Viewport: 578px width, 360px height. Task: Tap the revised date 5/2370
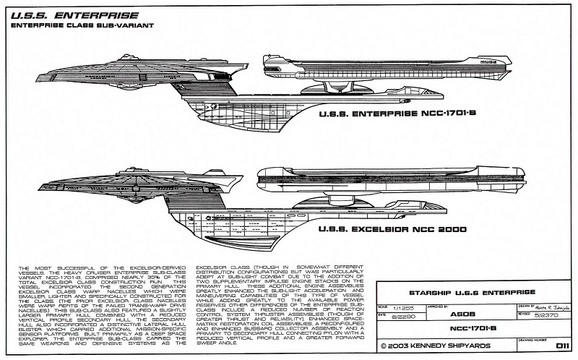(x=538, y=315)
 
